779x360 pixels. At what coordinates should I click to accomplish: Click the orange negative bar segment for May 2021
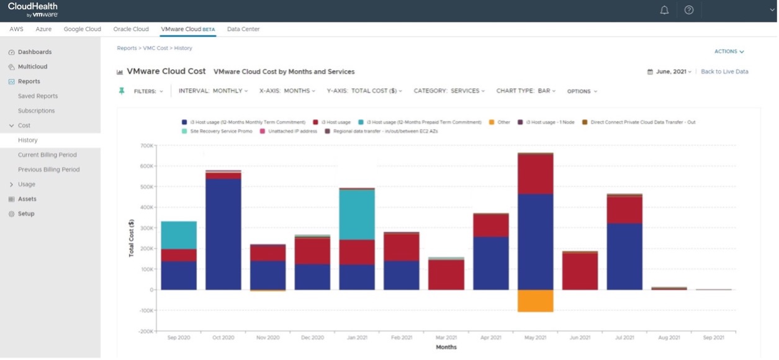[535, 300]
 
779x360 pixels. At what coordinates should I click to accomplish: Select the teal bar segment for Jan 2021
[357, 214]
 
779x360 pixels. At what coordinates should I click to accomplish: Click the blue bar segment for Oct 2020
[223, 234]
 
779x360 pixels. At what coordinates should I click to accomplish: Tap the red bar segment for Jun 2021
[580, 271]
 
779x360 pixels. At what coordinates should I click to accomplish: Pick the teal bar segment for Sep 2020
[179, 235]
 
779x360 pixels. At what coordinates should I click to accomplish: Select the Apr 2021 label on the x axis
[490, 338]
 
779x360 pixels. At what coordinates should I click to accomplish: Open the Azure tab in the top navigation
[43, 29]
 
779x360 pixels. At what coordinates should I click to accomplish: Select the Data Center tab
[243, 29]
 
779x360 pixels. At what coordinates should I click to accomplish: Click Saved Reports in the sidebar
[38, 96]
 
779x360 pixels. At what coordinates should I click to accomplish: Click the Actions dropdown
[729, 52]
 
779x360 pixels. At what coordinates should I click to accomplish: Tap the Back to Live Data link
[724, 72]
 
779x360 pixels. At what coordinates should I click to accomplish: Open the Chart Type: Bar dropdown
[526, 91]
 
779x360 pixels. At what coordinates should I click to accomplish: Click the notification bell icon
[664, 10]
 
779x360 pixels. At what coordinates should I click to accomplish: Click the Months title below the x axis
[446, 347]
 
